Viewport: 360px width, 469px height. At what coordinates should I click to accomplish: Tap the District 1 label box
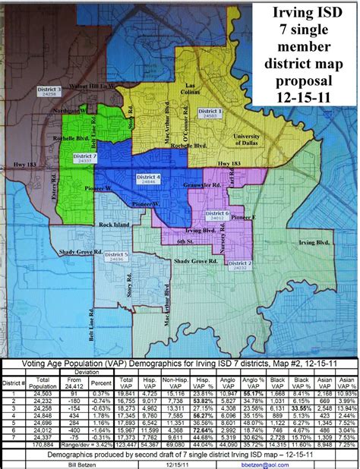click(210, 113)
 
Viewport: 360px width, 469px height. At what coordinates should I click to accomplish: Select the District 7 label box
click(86, 159)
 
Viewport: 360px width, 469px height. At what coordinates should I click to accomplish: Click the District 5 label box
click(116, 257)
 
